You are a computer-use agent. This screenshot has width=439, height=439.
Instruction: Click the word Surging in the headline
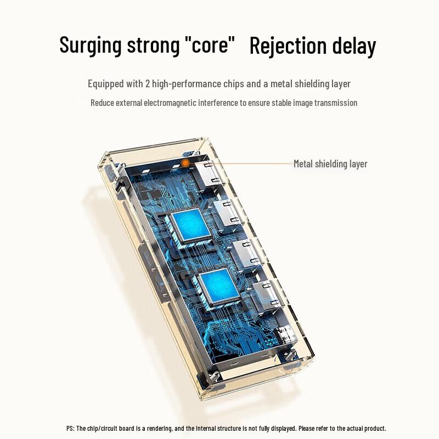[91, 45]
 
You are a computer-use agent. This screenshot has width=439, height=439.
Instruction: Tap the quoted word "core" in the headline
[210, 44]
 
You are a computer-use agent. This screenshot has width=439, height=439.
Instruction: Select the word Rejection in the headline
[288, 46]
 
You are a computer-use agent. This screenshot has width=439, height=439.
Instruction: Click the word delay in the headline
[354, 46]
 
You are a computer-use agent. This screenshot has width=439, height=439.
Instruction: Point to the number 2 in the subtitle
[148, 84]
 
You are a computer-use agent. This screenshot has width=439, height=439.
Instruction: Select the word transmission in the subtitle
[336, 103]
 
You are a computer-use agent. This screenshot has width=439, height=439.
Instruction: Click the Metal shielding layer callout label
[330, 164]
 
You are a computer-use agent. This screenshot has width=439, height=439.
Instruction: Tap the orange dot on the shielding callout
[185, 162]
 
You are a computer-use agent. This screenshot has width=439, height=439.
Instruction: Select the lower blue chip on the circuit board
[218, 286]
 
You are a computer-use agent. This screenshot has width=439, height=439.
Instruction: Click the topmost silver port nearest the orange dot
[207, 175]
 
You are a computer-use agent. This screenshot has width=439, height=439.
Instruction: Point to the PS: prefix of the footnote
[71, 429]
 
